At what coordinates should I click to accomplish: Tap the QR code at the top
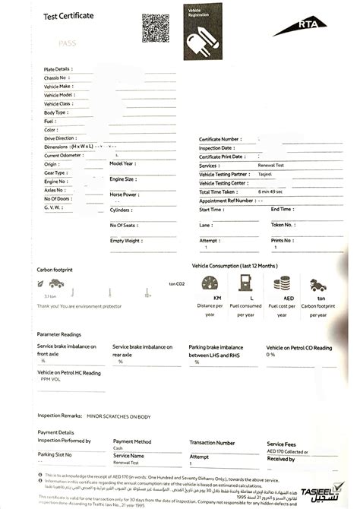point(156,27)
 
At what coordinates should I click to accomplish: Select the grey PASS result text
point(68,45)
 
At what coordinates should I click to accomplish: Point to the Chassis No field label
point(58,77)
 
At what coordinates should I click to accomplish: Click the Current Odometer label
point(63,155)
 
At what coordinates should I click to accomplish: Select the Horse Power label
point(124,194)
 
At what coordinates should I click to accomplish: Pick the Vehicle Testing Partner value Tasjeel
point(266,175)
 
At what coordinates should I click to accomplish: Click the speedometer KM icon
point(210,283)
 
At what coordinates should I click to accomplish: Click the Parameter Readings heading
point(58,334)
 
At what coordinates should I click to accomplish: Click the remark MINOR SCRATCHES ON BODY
point(118,416)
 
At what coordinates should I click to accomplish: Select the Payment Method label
point(131,441)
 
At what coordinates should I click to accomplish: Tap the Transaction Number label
point(212,441)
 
